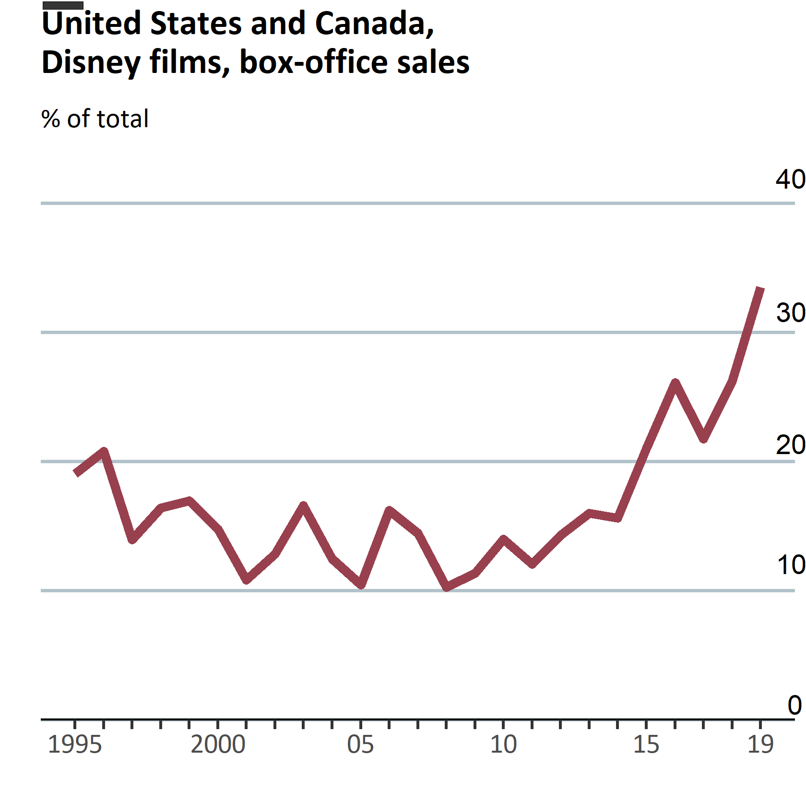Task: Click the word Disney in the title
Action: [x=91, y=63]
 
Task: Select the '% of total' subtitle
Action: [x=95, y=119]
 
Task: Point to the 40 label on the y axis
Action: [x=790, y=180]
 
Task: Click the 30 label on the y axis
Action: [x=790, y=313]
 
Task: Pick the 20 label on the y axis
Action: [x=790, y=445]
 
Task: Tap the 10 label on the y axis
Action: [x=790, y=565]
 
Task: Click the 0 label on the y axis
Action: [x=794, y=706]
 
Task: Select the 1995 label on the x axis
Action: [x=75, y=745]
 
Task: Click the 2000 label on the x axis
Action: [x=218, y=745]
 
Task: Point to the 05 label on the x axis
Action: [x=360, y=745]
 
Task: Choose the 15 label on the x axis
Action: [x=646, y=745]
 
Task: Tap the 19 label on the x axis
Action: [x=760, y=745]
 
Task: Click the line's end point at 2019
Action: [x=760, y=288]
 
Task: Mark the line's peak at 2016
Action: [x=675, y=383]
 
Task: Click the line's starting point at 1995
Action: [x=75, y=473]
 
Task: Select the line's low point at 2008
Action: [x=447, y=587]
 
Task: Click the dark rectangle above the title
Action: [x=63, y=5]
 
